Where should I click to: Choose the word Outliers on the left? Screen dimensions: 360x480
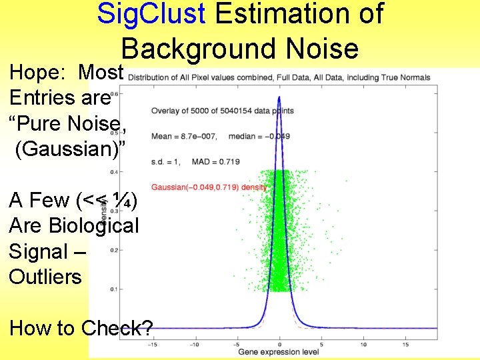click(45, 276)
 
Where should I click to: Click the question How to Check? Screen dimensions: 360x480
click(81, 328)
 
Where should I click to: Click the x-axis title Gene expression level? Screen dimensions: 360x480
click(279, 351)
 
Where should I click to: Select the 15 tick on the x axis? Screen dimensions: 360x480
click(405, 345)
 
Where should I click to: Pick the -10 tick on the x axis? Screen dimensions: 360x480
click(194, 345)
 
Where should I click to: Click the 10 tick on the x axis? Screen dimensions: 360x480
click(363, 345)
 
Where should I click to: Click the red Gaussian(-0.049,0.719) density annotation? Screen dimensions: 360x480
click(209, 187)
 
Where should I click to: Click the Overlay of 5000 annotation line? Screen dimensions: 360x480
click(213, 111)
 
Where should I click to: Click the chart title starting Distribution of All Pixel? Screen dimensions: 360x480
click(279, 77)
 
